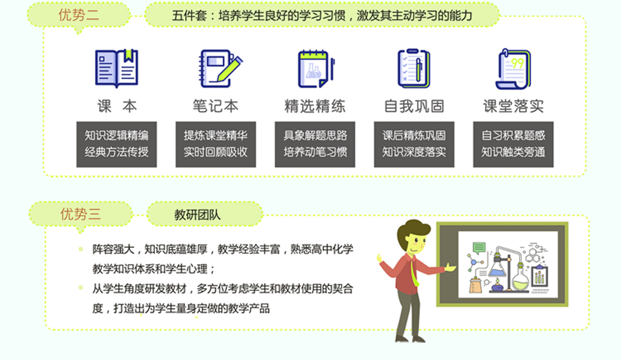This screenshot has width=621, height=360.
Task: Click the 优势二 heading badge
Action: [79, 15]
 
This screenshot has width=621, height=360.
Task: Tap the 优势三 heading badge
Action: [80, 214]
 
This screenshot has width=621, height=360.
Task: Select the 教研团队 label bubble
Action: [205, 214]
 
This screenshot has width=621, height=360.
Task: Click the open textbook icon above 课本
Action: [116, 68]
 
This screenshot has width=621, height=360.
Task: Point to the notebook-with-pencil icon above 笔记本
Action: [221, 68]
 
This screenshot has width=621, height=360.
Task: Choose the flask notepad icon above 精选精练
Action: [316, 68]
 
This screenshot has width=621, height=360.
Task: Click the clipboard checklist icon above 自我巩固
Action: [414, 68]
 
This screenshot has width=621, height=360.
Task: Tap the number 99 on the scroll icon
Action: [517, 64]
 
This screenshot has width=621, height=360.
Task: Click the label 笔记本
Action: [216, 106]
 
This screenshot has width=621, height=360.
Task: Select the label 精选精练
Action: [315, 106]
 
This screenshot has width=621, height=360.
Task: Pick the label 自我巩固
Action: [414, 106]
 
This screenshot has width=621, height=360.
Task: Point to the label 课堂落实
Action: [513, 106]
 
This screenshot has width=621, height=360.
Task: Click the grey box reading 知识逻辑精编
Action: [116, 144]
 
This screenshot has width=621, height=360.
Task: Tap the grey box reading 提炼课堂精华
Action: [216, 144]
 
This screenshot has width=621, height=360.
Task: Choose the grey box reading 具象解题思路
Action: [315, 144]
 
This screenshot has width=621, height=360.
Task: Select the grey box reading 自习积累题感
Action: [513, 144]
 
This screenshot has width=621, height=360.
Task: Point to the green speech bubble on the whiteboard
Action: [479, 248]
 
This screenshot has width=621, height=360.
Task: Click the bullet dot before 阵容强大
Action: [81, 249]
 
